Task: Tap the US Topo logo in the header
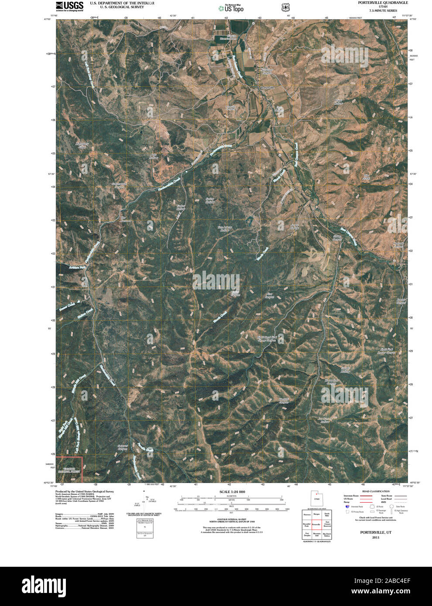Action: [231, 8]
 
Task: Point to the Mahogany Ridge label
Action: [82, 146]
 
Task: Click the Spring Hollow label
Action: [210, 201]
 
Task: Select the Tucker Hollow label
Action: [181, 207]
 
